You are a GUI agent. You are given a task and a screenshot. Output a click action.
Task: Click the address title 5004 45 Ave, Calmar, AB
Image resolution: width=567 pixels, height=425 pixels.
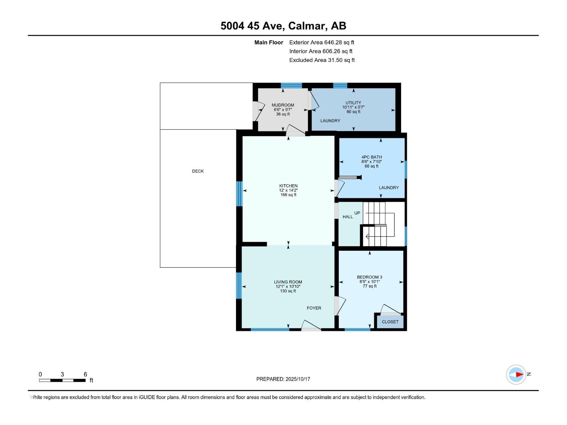click(x=283, y=26)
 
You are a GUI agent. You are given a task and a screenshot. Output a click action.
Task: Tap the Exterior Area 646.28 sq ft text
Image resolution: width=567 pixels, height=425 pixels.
click(x=321, y=42)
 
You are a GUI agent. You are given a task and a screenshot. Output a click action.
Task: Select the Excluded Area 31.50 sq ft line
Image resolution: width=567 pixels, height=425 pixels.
click(x=322, y=60)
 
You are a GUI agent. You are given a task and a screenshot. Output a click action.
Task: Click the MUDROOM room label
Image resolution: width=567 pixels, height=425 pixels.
click(x=283, y=105)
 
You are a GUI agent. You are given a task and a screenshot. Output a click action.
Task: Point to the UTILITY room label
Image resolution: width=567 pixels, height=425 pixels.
click(x=353, y=103)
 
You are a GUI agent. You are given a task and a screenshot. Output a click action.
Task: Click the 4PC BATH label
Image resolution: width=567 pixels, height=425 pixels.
click(x=371, y=157)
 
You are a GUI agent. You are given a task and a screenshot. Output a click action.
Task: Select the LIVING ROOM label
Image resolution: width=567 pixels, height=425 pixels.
click(x=288, y=282)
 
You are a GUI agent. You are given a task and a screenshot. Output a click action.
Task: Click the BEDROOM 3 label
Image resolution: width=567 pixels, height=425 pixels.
click(x=369, y=277)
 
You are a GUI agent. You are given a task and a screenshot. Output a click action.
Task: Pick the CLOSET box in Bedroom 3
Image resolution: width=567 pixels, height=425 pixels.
click(x=390, y=322)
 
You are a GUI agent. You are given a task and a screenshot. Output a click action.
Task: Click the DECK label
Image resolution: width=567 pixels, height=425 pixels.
click(x=198, y=171)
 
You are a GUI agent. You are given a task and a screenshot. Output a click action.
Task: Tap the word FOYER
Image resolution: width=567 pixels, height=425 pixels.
click(x=314, y=308)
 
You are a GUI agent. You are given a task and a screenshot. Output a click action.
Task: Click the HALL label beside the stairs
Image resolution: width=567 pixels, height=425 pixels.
click(x=347, y=217)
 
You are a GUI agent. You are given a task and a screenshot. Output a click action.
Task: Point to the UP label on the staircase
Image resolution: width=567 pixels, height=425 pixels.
click(x=357, y=213)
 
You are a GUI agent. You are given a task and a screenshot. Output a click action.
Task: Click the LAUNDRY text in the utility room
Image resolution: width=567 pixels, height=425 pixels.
click(x=330, y=121)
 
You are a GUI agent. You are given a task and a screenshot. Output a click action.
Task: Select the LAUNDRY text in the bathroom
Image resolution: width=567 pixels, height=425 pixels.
click(x=388, y=188)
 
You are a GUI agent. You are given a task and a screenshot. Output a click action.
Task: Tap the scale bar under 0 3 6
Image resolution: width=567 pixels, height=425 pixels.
click(x=62, y=380)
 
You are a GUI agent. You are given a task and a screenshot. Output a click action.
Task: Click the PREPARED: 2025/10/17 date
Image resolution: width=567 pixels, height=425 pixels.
click(x=283, y=379)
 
